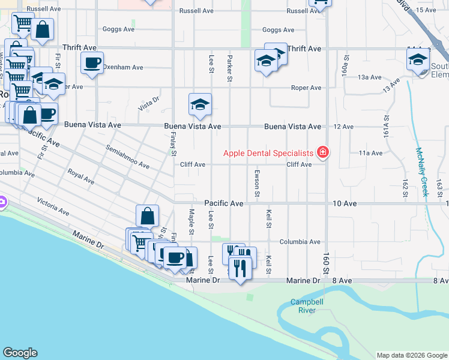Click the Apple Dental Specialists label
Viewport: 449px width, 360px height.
(x=268, y=153)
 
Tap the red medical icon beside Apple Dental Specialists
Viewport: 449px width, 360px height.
(x=323, y=153)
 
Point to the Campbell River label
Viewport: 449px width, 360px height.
(x=303, y=306)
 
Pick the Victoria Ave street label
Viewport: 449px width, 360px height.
(x=53, y=205)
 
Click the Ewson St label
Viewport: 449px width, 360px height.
(x=257, y=184)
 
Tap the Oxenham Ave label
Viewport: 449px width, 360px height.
(x=122, y=67)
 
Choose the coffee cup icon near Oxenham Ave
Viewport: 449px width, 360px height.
(x=92, y=62)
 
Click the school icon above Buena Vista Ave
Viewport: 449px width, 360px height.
(x=200, y=104)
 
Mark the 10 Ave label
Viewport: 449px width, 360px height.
(x=345, y=204)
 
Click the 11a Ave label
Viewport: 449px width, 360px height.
(x=370, y=153)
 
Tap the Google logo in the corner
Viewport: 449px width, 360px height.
(x=20, y=353)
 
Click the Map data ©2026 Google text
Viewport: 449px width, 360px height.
(x=411, y=355)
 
